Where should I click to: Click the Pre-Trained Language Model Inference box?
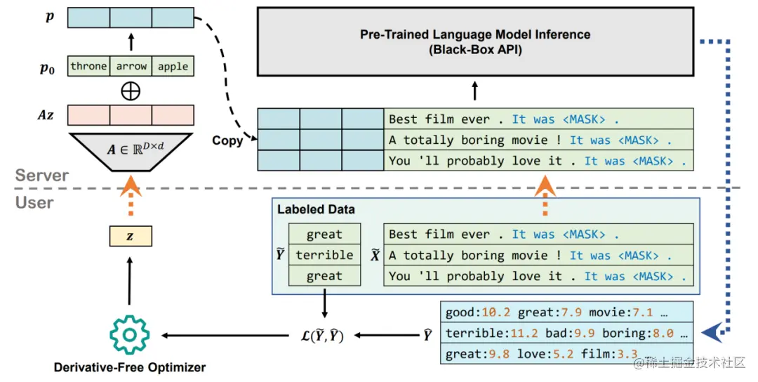(475, 41)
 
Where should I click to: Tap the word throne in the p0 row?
(88, 67)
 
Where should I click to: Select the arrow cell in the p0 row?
(131, 67)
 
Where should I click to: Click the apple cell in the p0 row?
(173, 67)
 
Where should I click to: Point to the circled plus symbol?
(131, 91)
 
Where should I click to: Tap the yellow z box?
(130, 237)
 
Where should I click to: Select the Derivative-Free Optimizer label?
(130, 366)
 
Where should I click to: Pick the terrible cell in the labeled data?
(324, 255)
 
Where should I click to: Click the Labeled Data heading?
(316, 209)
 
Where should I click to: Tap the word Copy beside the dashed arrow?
(227, 140)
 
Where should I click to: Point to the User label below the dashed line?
(34, 202)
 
